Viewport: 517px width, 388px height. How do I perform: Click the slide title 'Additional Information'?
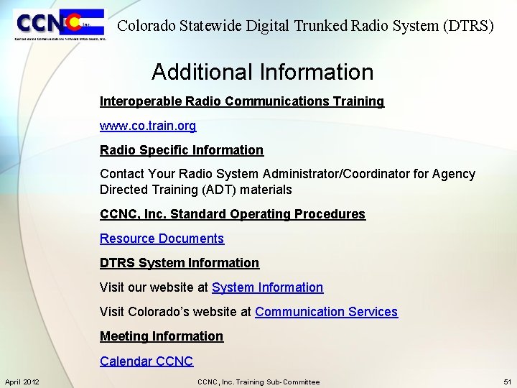(x=262, y=72)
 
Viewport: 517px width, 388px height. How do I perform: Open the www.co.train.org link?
(x=148, y=126)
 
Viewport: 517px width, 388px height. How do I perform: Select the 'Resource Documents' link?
(x=162, y=239)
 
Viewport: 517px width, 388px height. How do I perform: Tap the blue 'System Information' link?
(x=267, y=287)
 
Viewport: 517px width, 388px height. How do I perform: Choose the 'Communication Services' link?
(x=326, y=312)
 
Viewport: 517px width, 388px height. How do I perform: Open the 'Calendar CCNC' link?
(x=146, y=361)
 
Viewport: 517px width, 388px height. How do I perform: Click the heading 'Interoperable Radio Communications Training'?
(x=242, y=101)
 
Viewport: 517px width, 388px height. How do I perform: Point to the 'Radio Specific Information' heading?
(x=182, y=150)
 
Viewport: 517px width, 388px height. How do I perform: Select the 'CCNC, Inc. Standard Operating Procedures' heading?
(x=233, y=214)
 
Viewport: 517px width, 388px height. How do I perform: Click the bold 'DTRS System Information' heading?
(x=180, y=263)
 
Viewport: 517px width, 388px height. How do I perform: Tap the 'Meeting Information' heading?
(x=162, y=336)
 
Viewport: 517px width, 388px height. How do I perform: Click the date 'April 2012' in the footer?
(x=22, y=382)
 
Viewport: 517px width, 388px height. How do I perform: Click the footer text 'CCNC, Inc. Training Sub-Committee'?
(x=258, y=382)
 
